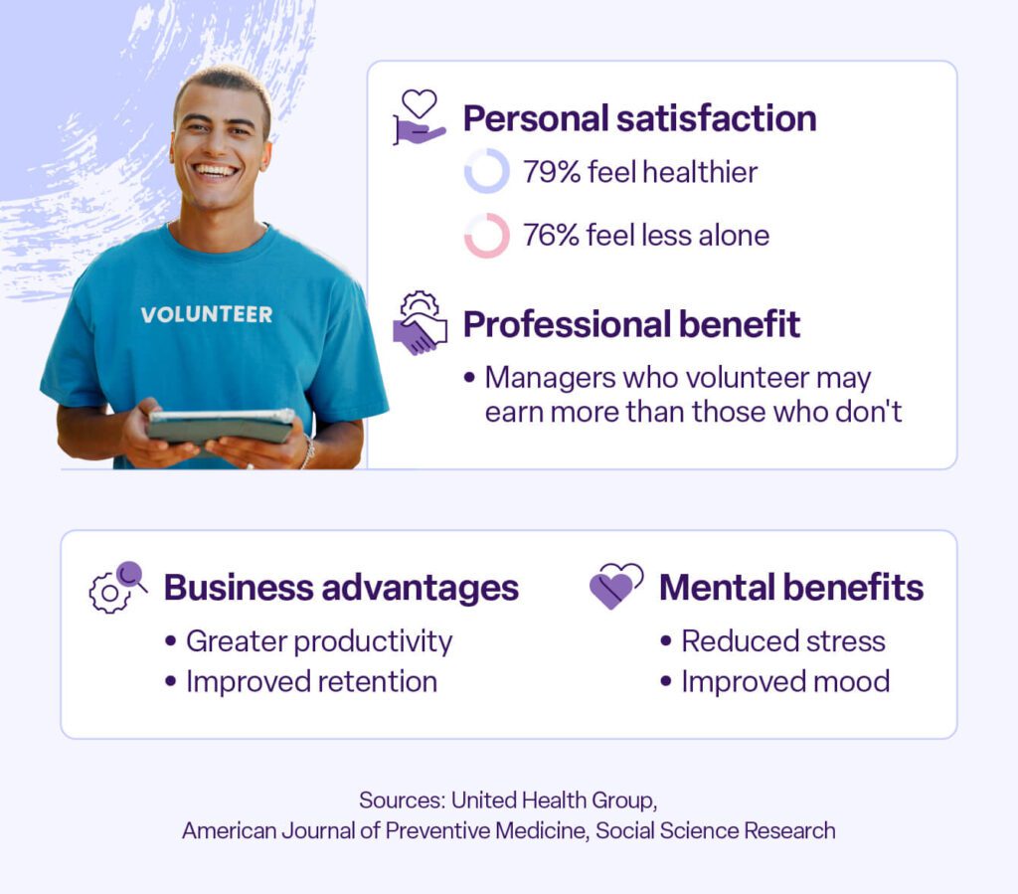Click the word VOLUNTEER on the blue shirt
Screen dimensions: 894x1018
click(206, 314)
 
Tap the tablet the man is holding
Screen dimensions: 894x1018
click(221, 426)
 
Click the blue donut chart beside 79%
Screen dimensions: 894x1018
click(486, 171)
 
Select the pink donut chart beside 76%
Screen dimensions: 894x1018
click(486, 236)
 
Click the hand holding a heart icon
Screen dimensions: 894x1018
click(419, 117)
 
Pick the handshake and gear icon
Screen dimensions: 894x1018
click(420, 323)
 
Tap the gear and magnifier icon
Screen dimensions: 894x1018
click(117, 587)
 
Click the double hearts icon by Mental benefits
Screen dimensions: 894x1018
click(615, 586)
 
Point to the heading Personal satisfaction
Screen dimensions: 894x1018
click(639, 118)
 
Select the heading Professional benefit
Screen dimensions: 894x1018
click(631, 324)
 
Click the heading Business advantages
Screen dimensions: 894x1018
click(341, 588)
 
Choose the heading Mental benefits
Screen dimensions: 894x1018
click(791, 588)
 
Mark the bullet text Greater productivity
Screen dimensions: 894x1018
click(318, 641)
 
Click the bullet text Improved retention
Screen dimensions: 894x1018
click(311, 681)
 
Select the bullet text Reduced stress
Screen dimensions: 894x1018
click(782, 641)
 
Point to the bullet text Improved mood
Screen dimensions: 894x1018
click(784, 681)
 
